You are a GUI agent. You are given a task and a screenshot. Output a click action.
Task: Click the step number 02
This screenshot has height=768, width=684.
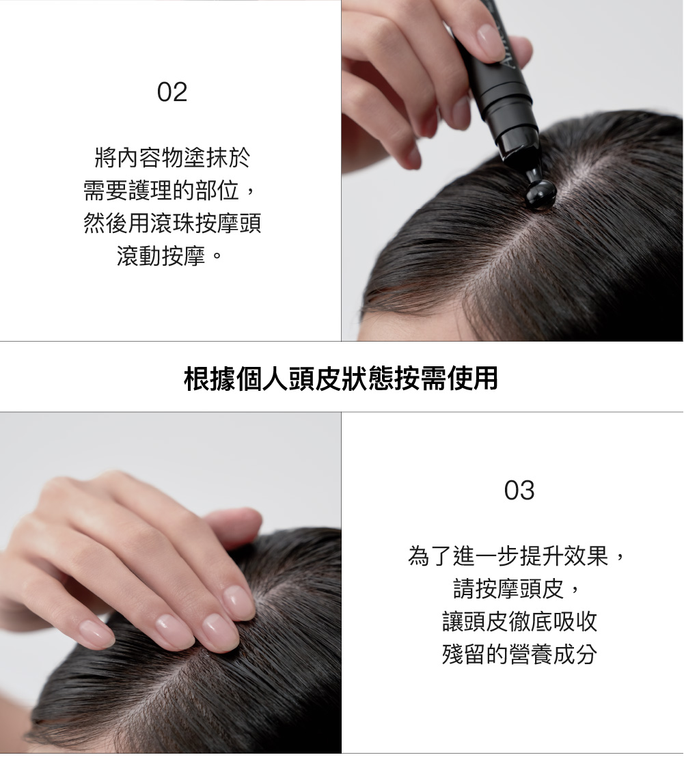pyautogui.click(x=172, y=92)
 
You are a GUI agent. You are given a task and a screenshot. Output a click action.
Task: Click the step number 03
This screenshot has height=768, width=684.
pyautogui.click(x=519, y=491)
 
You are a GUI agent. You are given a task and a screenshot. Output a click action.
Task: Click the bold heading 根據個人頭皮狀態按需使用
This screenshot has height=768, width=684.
pyautogui.click(x=341, y=378)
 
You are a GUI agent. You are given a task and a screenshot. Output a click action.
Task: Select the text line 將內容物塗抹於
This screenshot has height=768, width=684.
pyautogui.click(x=172, y=157)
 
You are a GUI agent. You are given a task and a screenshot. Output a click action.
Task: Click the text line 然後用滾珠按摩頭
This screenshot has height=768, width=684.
pyautogui.click(x=172, y=223)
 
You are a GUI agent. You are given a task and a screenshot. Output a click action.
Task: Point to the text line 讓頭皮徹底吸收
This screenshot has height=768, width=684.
pyautogui.click(x=519, y=622)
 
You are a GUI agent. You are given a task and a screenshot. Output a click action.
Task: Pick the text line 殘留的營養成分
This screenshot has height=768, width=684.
pyautogui.click(x=519, y=655)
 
